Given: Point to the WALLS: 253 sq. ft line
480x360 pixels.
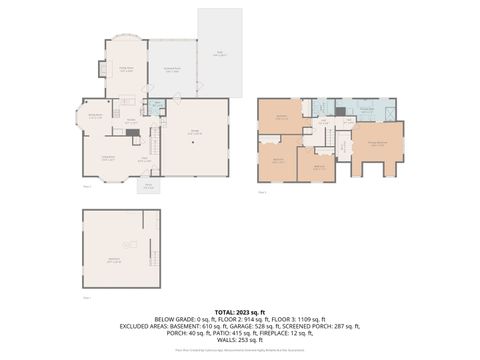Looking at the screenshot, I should pyautogui.click(x=239, y=342).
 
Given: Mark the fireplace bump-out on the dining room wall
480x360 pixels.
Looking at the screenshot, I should pyautogui.click(x=101, y=69).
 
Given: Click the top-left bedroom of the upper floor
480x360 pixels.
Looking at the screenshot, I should pyautogui.click(x=279, y=116).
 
